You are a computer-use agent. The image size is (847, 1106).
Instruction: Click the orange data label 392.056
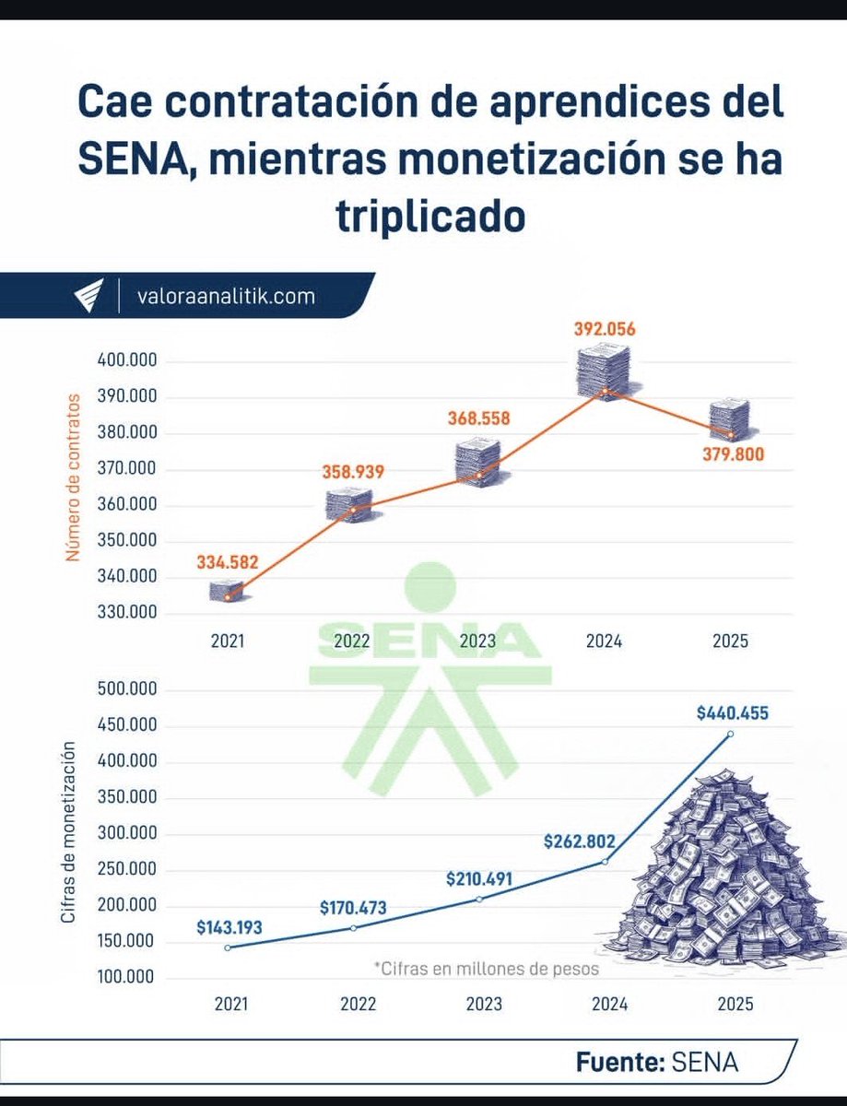606,329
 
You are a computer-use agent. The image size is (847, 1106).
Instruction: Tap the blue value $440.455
733,712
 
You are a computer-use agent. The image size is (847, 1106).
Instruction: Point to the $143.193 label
229,927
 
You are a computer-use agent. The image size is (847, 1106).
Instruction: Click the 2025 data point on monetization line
731,734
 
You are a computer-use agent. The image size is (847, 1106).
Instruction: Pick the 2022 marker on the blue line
353,927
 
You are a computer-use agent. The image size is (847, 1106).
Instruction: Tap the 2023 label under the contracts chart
478,641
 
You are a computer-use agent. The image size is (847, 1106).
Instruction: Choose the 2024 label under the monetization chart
605,1005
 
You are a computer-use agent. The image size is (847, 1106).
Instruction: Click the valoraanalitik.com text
225,297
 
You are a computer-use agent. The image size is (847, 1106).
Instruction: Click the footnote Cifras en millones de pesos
486,969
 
